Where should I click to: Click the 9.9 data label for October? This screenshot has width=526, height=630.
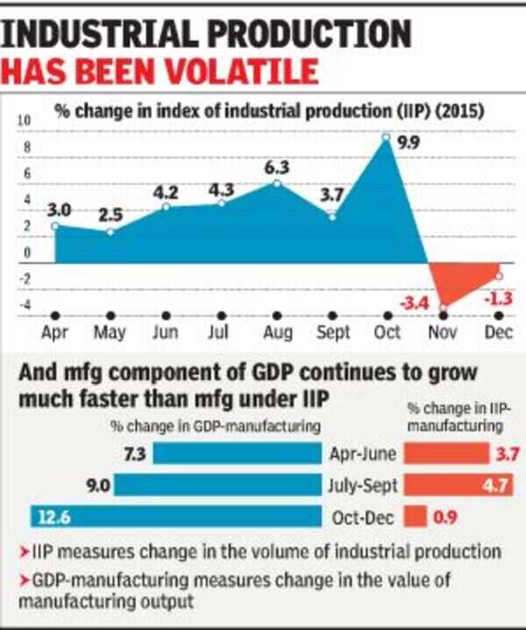408,142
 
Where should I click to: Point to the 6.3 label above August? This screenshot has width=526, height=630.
277,167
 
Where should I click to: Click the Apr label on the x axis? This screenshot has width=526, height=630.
55,333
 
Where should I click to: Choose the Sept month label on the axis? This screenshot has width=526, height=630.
332,333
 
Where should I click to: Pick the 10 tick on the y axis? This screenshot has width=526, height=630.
25,118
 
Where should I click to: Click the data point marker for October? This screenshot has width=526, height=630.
386,137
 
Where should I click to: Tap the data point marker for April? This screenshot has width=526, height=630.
55,226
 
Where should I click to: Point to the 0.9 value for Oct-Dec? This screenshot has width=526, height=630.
446,518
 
